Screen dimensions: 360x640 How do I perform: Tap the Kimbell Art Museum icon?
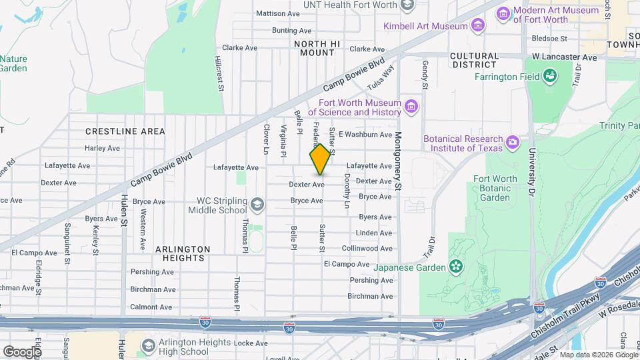coord(477,26)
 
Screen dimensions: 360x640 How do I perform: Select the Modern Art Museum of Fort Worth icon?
coord(504,13)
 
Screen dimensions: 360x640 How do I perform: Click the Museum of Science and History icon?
coord(411,107)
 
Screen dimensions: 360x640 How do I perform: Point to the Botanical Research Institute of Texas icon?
coord(512,143)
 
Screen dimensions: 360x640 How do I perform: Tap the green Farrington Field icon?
coord(550,77)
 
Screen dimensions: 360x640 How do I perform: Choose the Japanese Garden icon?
coord(456,267)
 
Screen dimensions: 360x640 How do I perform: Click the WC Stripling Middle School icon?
coord(257,204)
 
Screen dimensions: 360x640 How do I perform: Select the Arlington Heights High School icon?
coord(148,347)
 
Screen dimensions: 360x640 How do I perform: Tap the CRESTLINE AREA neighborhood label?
coord(125,131)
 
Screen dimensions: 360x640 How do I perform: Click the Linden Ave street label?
coord(375,233)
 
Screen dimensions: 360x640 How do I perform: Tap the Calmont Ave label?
coord(152,307)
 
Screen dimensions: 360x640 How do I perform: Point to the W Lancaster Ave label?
coord(564,57)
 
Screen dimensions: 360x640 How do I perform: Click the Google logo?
coord(22,351)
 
